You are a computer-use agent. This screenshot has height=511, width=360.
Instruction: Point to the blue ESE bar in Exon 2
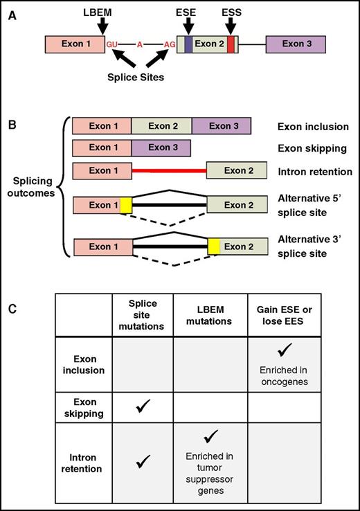coord(188,44)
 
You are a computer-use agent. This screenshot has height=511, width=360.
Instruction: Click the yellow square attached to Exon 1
coord(126,206)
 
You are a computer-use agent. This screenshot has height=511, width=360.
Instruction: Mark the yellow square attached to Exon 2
coord(214,246)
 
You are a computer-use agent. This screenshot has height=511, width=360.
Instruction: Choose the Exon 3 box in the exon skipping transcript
coord(161,147)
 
